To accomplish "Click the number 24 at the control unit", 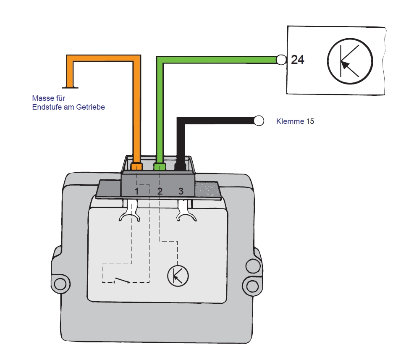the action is pyautogui.click(x=298, y=60).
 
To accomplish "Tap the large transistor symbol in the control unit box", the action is pyautogui.click(x=350, y=61).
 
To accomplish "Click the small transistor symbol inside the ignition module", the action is pyautogui.click(x=178, y=276).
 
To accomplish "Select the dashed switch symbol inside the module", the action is pyautogui.click(x=122, y=280).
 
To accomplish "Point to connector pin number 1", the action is pyautogui.click(x=136, y=191).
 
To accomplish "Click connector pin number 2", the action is pyautogui.click(x=160, y=191).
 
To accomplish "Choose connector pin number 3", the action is pyautogui.click(x=181, y=191).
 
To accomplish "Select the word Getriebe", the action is pyautogui.click(x=90, y=107).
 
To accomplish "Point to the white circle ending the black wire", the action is pyautogui.click(x=259, y=121).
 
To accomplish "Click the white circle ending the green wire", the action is pyautogui.click(x=281, y=60).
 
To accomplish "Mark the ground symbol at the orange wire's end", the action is pyautogui.click(x=70, y=87).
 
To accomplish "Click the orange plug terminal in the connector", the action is pyautogui.click(x=136, y=166).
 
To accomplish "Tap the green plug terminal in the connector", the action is pyautogui.click(x=160, y=166).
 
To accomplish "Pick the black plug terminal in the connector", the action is pyautogui.click(x=180, y=166).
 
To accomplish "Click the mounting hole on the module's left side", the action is pyautogui.click(x=60, y=284).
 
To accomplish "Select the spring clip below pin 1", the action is pyautogui.click(x=130, y=211).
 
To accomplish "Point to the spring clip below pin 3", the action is pyautogui.click(x=186, y=211).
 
